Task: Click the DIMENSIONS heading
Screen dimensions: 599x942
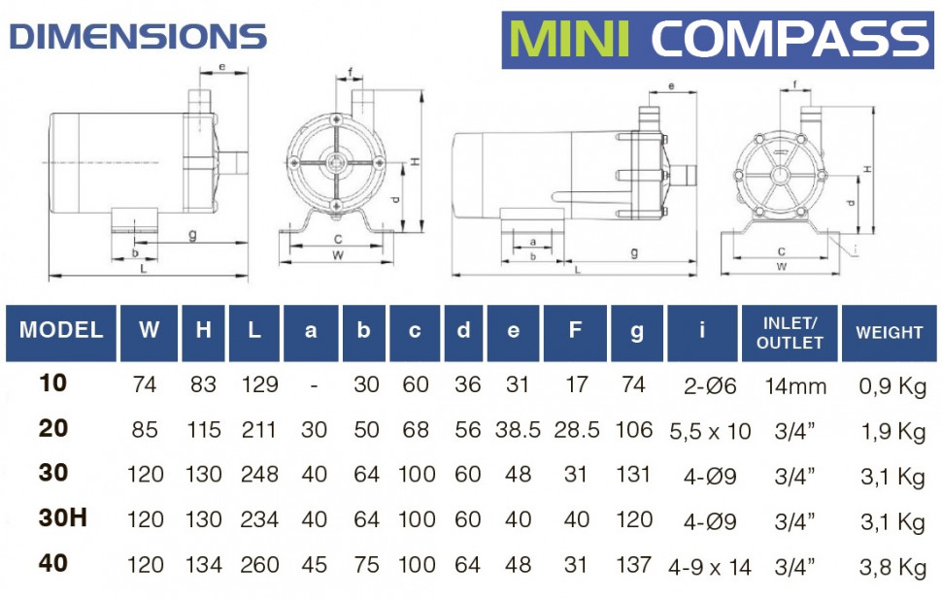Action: pyautogui.click(x=137, y=37)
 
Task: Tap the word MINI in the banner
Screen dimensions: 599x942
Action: pyautogui.click(x=571, y=39)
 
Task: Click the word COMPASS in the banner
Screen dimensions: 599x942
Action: pyautogui.click(x=789, y=39)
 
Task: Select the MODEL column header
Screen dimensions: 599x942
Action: pyautogui.click(x=61, y=330)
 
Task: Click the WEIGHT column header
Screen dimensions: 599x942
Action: pyautogui.click(x=889, y=332)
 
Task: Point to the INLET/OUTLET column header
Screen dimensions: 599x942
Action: pyautogui.click(x=791, y=332)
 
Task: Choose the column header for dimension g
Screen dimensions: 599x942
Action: pyautogui.click(x=636, y=331)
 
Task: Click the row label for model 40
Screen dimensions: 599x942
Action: pyautogui.click(x=53, y=563)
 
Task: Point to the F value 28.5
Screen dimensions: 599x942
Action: pyautogui.click(x=577, y=430)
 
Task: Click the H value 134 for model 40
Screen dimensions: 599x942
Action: pyautogui.click(x=203, y=565)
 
